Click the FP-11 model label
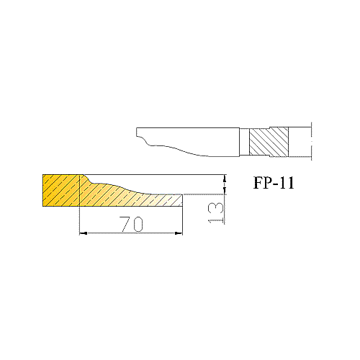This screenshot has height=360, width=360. tap(274, 184)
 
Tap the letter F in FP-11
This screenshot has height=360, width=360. tap(258, 184)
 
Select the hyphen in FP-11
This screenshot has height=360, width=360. tap(276, 185)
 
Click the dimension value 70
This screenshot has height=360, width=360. tap(131, 224)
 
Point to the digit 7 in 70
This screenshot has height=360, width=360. tap(125, 224)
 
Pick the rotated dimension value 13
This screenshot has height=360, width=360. tap(216, 213)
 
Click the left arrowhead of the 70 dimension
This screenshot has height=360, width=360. tap(84, 233)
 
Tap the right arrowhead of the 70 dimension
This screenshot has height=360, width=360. tap(179, 233)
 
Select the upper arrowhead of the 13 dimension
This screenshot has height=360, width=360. tap(225, 179)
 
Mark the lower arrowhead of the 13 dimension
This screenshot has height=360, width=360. tap(225, 190)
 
